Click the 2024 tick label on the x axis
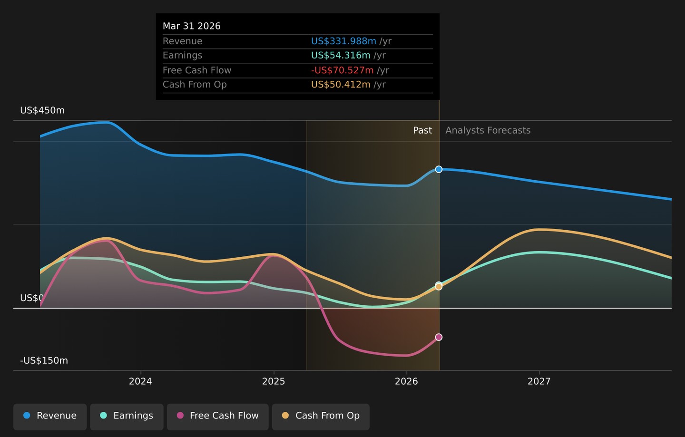(x=140, y=381)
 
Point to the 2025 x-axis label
(x=274, y=381)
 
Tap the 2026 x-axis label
(x=406, y=381)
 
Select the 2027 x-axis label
(x=539, y=381)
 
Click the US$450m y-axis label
(x=42, y=110)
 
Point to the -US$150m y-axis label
(x=44, y=360)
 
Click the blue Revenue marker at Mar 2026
(x=439, y=169)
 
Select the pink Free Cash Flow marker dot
(x=439, y=337)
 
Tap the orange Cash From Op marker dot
(x=439, y=287)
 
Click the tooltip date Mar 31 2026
(x=191, y=26)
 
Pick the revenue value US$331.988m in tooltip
(x=344, y=41)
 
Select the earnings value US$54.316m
(x=341, y=55)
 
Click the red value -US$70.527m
(x=342, y=70)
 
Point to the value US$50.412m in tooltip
(x=341, y=84)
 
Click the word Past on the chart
(x=422, y=130)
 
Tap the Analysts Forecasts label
(x=488, y=130)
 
